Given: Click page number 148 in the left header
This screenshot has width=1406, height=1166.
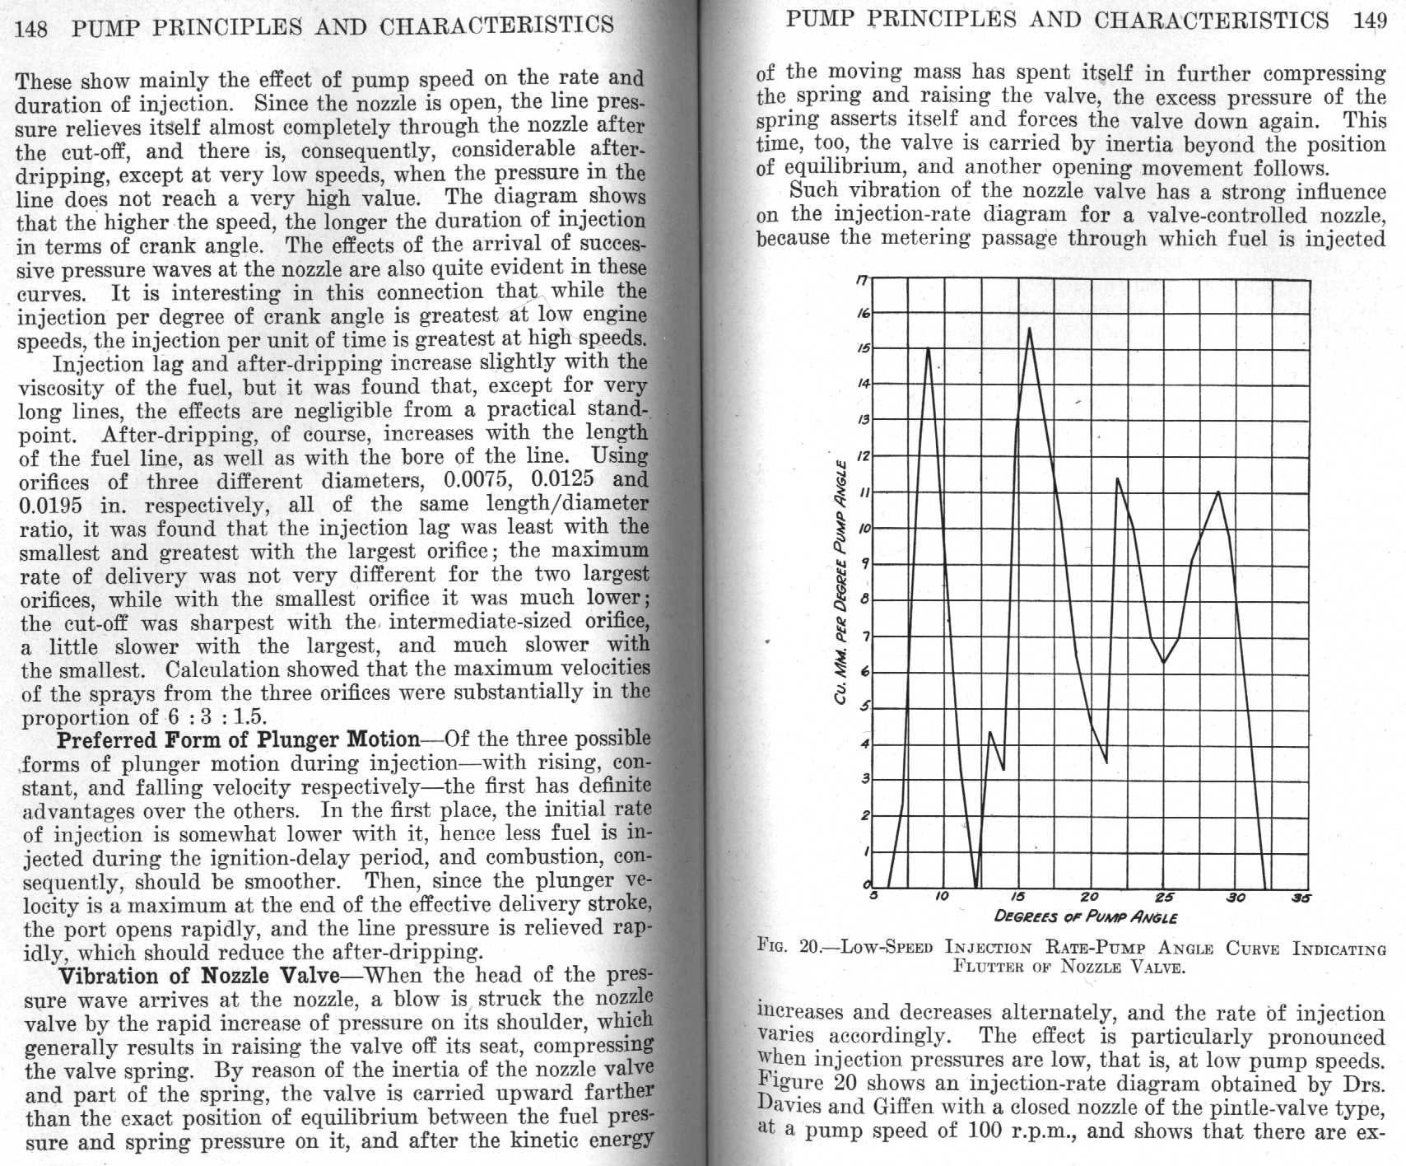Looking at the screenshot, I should pyautogui.click(x=31, y=28).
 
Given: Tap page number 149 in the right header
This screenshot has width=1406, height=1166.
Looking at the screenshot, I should pyautogui.click(x=1370, y=21).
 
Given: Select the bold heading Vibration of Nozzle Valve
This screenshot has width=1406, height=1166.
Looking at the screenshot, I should pyautogui.click(x=198, y=977).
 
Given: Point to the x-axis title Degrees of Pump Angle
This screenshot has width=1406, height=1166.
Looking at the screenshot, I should pyautogui.click(x=1085, y=916).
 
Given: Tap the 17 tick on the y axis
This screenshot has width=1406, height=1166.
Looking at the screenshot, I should pyautogui.click(x=861, y=279).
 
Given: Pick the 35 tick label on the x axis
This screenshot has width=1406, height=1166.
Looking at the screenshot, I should pyautogui.click(x=1300, y=898).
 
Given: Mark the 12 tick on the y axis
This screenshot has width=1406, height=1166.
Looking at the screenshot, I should pyautogui.click(x=863, y=455).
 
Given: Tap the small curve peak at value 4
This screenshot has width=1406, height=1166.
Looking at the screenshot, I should pyautogui.click(x=990, y=731).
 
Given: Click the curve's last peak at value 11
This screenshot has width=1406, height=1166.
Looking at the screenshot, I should pyautogui.click(x=1218, y=492).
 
